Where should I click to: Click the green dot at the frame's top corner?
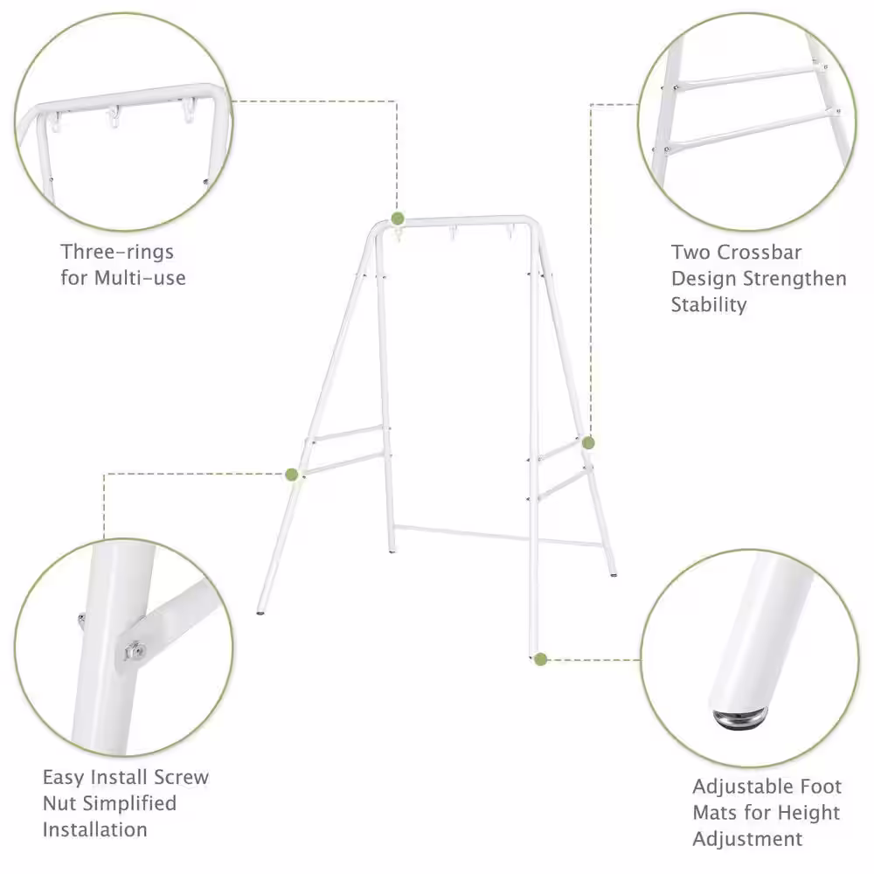(x=398, y=218)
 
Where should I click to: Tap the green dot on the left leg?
(x=292, y=475)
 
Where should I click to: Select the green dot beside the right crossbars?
(x=588, y=443)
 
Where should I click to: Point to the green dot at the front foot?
(x=540, y=660)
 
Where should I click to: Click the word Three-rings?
(x=117, y=252)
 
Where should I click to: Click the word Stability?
(x=709, y=305)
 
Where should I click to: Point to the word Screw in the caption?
(x=181, y=777)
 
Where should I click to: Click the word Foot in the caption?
(x=821, y=787)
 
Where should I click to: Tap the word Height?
(x=808, y=813)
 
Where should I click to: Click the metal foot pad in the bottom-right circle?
(x=740, y=718)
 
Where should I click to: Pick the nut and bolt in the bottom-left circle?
(x=135, y=650)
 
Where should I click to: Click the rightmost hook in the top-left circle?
(x=188, y=110)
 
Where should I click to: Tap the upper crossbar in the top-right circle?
(x=750, y=77)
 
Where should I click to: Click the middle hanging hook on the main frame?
(x=453, y=233)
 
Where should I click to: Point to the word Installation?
(x=94, y=829)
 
